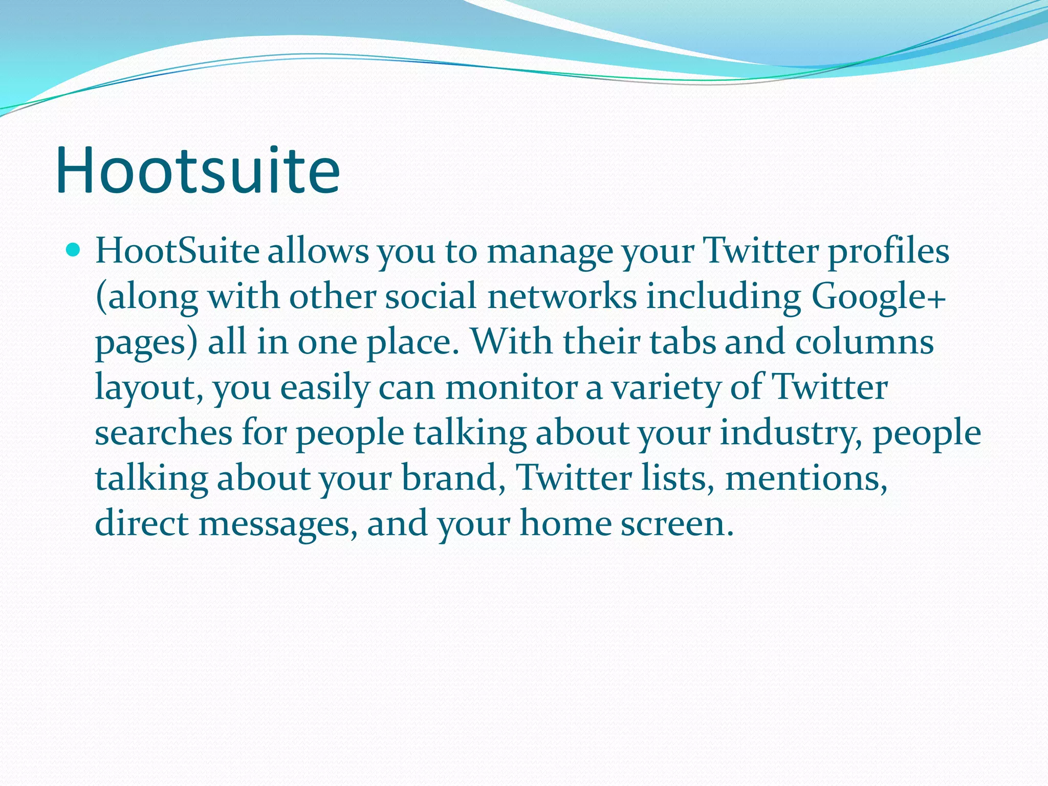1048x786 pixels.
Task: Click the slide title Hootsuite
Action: click(198, 170)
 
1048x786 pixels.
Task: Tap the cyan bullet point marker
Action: click(74, 250)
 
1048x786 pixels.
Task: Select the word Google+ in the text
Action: click(878, 297)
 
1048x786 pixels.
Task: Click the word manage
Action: click(549, 253)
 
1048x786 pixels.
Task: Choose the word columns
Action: click(864, 342)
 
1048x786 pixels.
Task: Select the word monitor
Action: click(511, 387)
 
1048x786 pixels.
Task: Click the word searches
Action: click(163, 433)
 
